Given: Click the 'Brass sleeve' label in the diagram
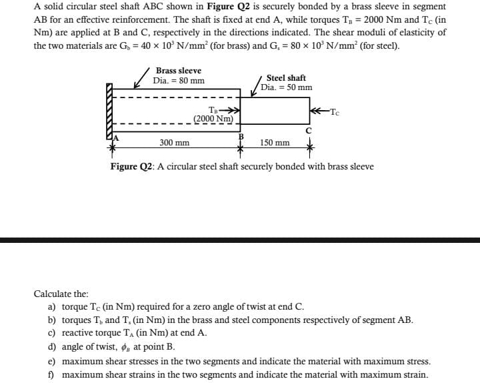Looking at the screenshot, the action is (178, 71).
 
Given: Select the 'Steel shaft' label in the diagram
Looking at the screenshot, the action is (286, 78).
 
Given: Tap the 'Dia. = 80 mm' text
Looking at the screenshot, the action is (179, 81).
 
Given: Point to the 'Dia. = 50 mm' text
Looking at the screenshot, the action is (286, 87).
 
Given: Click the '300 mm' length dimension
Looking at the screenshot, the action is (174, 143).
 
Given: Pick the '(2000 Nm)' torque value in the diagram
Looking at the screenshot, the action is (214, 119).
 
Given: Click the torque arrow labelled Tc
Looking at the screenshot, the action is (319, 110).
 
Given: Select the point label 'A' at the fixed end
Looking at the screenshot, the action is (115, 137).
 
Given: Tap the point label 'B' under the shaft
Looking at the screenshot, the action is (241, 136).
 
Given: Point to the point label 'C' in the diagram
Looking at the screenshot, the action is (309, 130).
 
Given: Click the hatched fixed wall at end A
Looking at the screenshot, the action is (109, 110).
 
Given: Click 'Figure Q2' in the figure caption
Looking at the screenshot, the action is (133, 166).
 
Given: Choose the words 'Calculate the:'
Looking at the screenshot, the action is (61, 294).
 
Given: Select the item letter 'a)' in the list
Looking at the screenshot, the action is (51, 307).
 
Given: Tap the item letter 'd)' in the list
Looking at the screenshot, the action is (51, 347).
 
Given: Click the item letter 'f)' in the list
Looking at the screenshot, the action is (51, 374).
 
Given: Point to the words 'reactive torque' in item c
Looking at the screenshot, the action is (93, 333).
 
